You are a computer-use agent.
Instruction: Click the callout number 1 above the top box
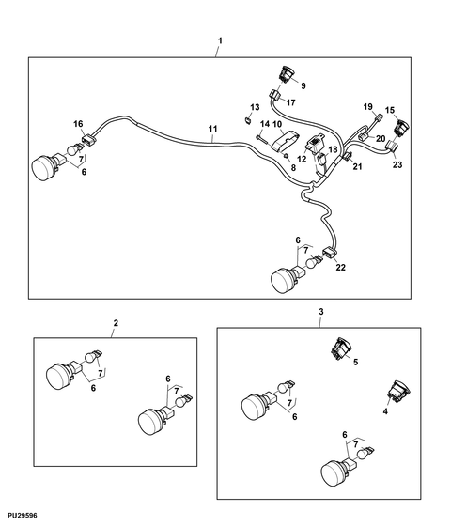[x=220, y=41]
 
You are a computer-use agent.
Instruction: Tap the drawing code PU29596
[x=23, y=516]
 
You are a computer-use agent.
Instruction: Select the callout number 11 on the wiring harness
[x=212, y=129]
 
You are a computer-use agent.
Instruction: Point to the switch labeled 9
[x=287, y=74]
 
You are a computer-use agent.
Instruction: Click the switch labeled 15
[x=402, y=128]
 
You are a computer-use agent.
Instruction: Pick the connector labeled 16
[x=88, y=140]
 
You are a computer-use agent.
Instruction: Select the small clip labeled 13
[x=247, y=120]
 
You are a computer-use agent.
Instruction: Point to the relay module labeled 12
[x=314, y=142]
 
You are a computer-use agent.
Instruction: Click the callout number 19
[x=368, y=107]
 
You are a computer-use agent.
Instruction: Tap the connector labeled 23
[x=391, y=147]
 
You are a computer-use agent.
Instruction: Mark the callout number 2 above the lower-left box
[x=116, y=323]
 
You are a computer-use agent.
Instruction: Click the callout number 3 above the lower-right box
[x=321, y=312]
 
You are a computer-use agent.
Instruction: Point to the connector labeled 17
[x=276, y=95]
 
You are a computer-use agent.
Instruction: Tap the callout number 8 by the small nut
[x=293, y=167]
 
